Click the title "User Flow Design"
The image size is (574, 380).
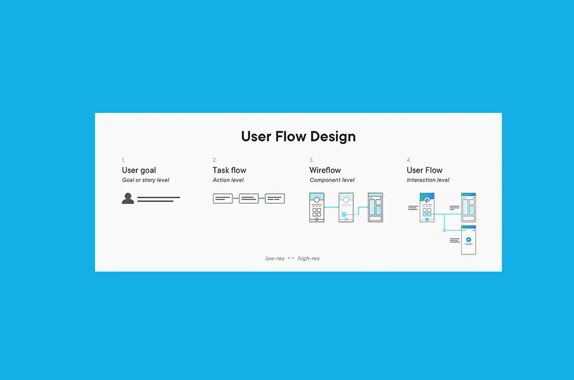(x=298, y=136)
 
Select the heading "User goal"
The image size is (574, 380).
(x=139, y=170)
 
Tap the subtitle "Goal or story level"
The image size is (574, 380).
(x=145, y=180)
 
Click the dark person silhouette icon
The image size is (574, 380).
(x=128, y=199)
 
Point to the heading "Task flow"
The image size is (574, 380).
(x=229, y=170)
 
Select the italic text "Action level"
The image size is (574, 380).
(x=228, y=180)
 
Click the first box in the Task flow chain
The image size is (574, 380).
(x=223, y=199)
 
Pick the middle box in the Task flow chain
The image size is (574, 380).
(x=249, y=199)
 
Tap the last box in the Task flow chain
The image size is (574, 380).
(x=275, y=199)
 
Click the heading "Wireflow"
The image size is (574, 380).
(x=325, y=170)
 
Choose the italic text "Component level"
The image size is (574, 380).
(x=332, y=180)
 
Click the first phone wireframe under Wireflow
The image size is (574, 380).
(x=317, y=207)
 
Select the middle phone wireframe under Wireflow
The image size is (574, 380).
(x=346, y=207)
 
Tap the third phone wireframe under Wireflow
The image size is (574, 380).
(x=375, y=207)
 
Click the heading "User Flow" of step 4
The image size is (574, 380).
(x=424, y=170)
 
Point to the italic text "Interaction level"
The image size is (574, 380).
(x=428, y=180)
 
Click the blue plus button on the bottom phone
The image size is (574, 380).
(x=469, y=240)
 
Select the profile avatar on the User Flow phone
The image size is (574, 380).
(x=427, y=200)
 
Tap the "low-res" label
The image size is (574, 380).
(x=275, y=259)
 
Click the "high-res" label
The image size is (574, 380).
(x=309, y=259)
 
